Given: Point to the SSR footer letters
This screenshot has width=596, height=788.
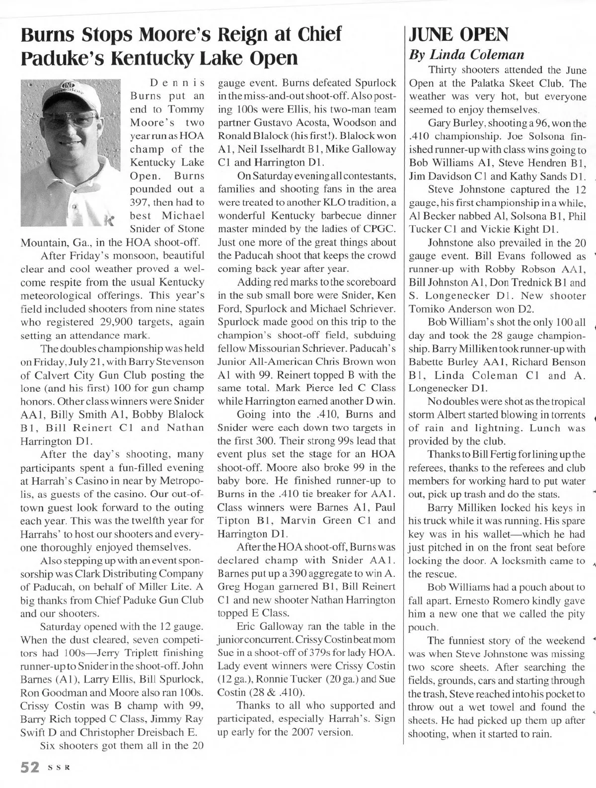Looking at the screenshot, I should (x=58, y=768).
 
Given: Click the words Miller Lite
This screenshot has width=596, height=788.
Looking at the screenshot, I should (x=164, y=587).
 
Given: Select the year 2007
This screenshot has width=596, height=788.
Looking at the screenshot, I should (x=312, y=732).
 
